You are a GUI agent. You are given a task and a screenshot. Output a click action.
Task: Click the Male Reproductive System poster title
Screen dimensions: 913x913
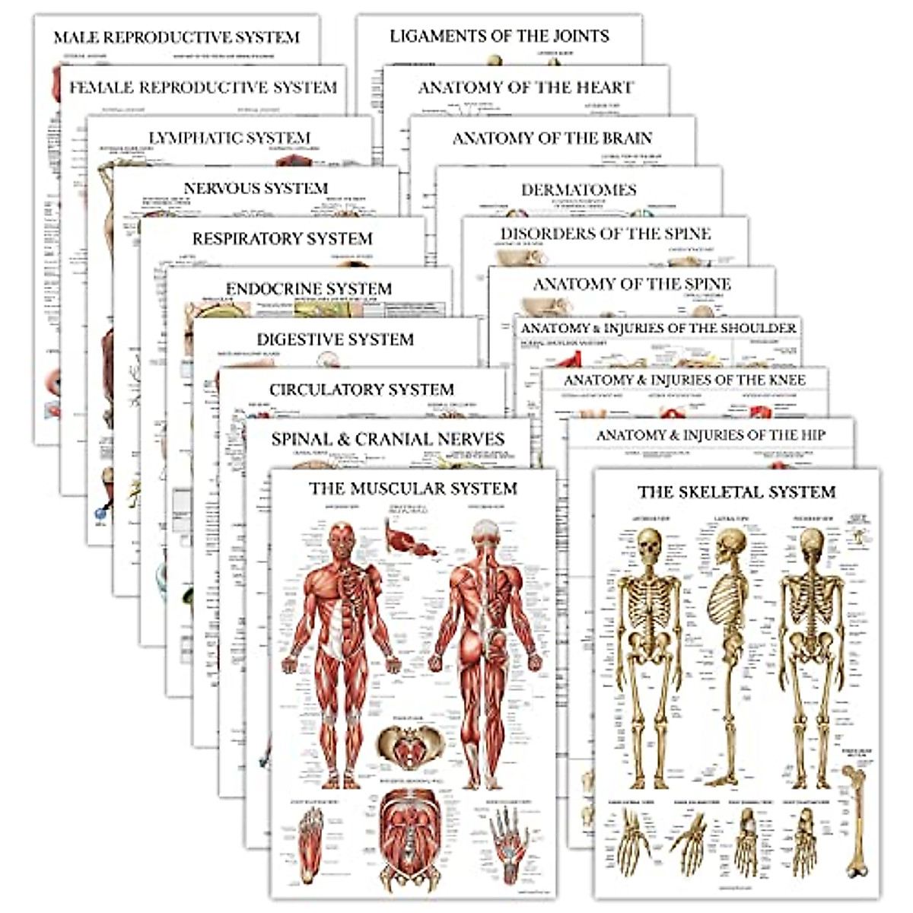click(177, 37)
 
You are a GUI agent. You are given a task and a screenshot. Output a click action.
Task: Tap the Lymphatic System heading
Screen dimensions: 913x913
click(229, 138)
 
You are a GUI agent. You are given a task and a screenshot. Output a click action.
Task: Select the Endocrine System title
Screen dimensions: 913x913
click(309, 289)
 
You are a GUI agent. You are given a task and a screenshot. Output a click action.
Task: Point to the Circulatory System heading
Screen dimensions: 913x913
click(361, 390)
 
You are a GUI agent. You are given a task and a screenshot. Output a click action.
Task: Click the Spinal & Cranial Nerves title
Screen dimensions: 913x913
click(388, 439)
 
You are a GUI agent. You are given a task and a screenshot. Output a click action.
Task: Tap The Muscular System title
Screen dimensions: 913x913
click(413, 488)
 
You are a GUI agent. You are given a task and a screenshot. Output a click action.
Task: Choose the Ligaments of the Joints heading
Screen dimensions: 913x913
click(499, 36)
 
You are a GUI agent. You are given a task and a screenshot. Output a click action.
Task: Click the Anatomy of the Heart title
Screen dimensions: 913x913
click(526, 87)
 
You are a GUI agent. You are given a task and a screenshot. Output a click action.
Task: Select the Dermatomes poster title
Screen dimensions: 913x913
click(579, 189)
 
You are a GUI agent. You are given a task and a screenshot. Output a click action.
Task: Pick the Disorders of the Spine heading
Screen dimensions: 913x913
click(606, 234)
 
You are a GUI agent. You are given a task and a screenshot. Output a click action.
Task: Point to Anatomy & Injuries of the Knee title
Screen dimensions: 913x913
click(685, 380)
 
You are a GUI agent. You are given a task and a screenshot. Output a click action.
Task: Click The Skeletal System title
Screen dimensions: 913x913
click(736, 492)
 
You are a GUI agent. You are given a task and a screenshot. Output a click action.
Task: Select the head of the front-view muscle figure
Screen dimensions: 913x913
click(341, 537)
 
